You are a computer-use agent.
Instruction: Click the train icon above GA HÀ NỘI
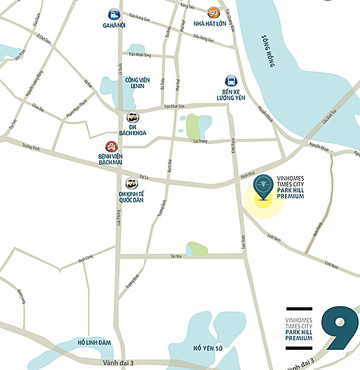(x=113, y=13)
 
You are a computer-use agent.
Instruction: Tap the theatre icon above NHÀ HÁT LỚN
(x=214, y=12)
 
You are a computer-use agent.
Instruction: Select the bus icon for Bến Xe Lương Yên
(x=230, y=81)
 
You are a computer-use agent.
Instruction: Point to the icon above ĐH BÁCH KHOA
(x=132, y=117)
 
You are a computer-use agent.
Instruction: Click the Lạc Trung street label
(x=200, y=141)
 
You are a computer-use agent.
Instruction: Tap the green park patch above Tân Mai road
(x=196, y=247)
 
